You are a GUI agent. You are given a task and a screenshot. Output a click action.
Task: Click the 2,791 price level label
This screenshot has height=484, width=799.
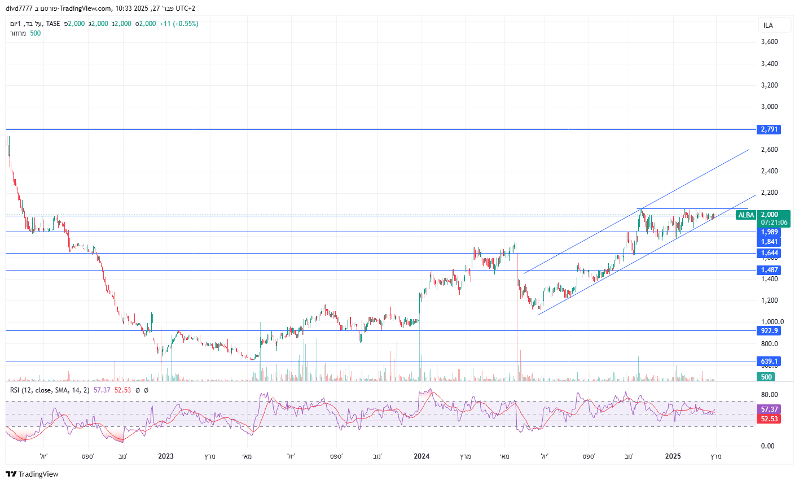[x=769, y=129]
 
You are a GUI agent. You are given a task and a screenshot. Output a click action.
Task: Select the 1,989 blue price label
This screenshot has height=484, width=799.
[x=769, y=232]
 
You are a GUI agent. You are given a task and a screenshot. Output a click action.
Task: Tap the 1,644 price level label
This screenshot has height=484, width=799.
[x=769, y=253]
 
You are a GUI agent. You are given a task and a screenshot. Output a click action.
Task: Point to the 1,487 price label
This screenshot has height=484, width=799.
[x=769, y=270]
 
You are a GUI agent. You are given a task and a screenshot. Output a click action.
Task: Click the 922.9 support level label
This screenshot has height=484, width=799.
[x=769, y=331]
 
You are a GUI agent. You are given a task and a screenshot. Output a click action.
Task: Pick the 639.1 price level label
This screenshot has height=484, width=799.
[x=769, y=361]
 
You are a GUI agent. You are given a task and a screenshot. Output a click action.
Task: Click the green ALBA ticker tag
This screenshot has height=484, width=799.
[x=746, y=215]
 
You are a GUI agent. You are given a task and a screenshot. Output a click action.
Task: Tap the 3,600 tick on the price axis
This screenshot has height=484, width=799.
[x=769, y=42]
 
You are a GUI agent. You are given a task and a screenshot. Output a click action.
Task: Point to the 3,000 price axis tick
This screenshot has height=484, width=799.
[x=769, y=107]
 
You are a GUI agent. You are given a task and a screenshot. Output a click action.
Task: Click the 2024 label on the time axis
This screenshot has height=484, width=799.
[x=422, y=456]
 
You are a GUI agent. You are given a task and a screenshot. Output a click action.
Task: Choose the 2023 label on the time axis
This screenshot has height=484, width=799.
[x=165, y=456]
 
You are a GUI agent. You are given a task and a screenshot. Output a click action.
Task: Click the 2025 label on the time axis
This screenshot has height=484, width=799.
[x=673, y=456]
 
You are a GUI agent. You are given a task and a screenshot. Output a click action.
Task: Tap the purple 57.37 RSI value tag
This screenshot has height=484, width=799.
[x=769, y=409]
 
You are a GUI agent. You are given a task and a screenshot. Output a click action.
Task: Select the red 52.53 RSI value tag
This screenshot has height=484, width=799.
[x=769, y=418]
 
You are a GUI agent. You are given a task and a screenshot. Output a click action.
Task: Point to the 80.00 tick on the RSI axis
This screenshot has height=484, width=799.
[x=769, y=395]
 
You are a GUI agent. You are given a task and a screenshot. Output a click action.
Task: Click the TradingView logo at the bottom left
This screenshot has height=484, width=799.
[x=33, y=474]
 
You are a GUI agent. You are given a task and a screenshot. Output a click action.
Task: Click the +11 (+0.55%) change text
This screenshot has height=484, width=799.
[x=179, y=24]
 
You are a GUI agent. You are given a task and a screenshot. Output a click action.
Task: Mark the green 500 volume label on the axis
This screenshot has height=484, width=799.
[x=766, y=377]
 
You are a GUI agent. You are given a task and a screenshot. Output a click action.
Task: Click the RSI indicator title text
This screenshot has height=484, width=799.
[x=50, y=390]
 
